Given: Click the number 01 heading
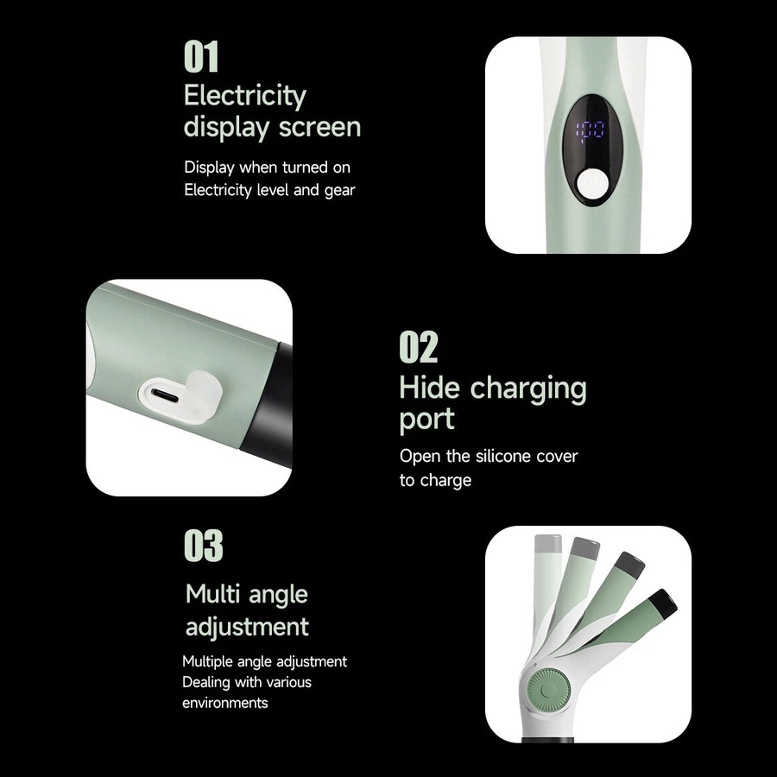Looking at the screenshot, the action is [x=201, y=57].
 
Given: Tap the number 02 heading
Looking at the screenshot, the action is [x=419, y=347].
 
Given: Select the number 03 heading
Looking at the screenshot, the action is [x=204, y=546].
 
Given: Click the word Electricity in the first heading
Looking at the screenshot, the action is [x=245, y=96].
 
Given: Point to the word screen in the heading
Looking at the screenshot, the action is [x=319, y=128].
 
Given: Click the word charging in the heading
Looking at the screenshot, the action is [x=528, y=389].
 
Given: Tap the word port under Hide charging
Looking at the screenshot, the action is [x=426, y=420].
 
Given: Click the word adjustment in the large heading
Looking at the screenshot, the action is [x=247, y=628].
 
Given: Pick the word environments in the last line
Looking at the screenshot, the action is [x=225, y=703].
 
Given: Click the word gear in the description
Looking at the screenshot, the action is [x=340, y=191].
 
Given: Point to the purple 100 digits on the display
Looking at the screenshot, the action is [x=590, y=132].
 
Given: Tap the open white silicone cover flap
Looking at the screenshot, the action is [x=204, y=395].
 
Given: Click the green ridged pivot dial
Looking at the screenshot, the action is [x=548, y=689].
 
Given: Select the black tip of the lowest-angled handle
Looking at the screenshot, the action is [x=663, y=603].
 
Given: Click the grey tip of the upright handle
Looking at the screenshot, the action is [x=548, y=544].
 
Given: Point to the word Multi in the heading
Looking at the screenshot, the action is [x=213, y=594].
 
